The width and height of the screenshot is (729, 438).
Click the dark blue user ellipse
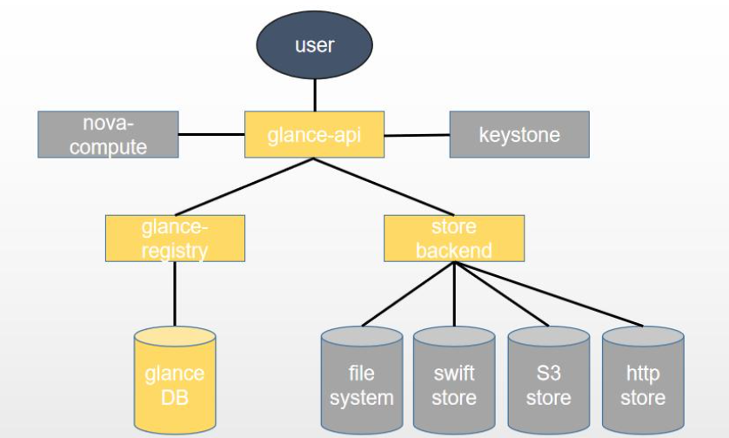[314, 44]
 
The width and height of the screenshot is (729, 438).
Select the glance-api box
[314, 135]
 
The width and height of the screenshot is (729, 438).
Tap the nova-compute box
[109, 134]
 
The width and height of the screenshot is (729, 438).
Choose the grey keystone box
[519, 135]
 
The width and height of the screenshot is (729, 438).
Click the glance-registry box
[175, 239]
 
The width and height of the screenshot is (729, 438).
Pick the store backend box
[454, 239]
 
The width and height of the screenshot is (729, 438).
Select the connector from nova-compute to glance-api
[211, 134]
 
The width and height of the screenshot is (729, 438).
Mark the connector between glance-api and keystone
[416, 135]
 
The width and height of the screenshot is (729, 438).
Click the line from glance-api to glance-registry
[244, 187]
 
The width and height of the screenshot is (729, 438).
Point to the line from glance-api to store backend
[385, 187]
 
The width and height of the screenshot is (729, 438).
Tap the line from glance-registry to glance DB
[175, 293]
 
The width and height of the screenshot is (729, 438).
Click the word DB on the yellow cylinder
[175, 398]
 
